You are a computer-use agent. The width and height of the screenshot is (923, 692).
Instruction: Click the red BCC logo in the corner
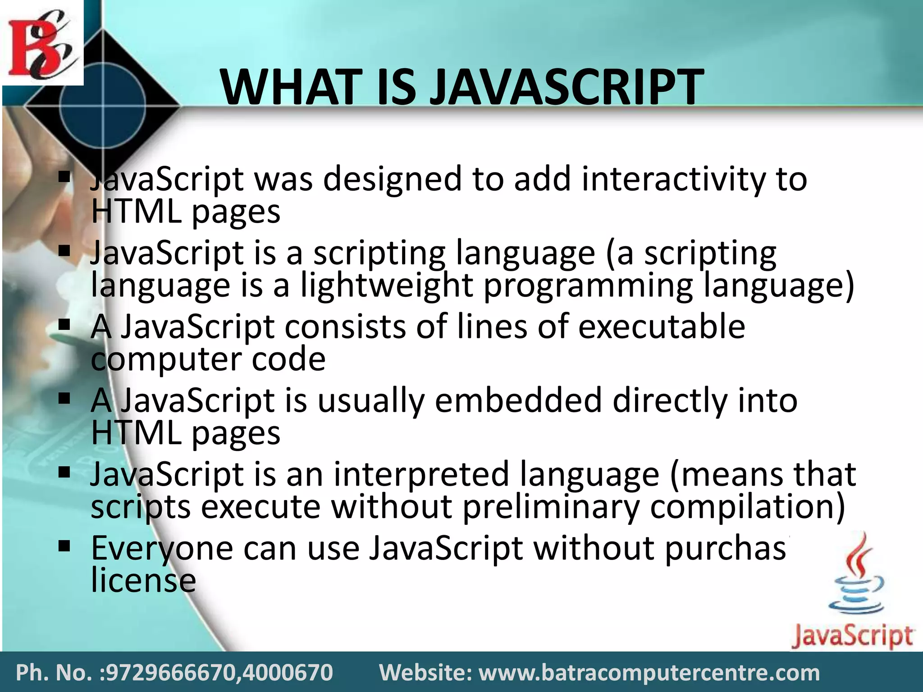[41, 43]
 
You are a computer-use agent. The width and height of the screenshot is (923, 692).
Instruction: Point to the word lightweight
[387, 286]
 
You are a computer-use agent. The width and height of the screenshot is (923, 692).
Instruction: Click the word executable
[662, 327]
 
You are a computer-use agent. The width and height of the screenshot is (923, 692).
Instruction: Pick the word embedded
[518, 401]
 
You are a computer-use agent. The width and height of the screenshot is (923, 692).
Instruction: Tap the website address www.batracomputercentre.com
[649, 673]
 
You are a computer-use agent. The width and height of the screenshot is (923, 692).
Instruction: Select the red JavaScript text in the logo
[852, 636]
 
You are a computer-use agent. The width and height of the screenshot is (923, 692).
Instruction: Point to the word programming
[588, 286]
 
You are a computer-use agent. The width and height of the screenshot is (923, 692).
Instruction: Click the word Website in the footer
[426, 673]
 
